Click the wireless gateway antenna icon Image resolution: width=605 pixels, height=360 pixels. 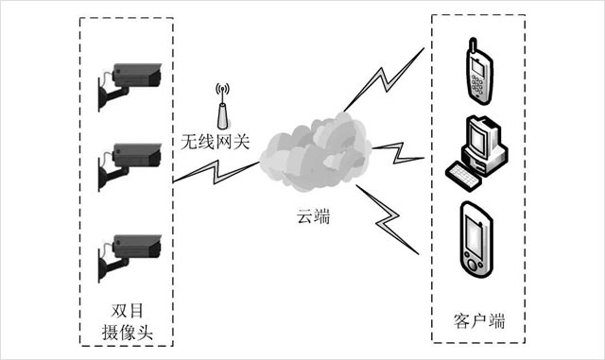[222, 106]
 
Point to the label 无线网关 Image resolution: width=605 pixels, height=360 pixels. [215, 142]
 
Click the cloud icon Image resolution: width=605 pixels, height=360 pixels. [316, 151]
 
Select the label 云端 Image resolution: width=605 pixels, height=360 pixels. [313, 216]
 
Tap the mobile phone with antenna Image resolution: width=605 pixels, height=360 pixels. [479, 71]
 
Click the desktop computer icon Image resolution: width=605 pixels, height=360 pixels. [476, 153]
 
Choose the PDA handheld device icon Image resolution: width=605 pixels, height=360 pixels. [476, 239]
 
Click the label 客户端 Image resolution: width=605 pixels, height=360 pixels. [479, 321]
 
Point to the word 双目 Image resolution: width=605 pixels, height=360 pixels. [127, 311]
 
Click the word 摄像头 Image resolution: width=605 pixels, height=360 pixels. [128, 333]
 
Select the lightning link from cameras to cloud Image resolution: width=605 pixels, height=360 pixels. [216, 173]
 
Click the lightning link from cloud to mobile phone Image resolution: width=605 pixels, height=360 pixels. [384, 80]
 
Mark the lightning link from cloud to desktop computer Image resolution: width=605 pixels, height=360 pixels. [398, 153]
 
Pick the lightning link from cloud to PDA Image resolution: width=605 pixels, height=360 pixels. [387, 220]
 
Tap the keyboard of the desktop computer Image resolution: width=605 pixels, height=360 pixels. [463, 177]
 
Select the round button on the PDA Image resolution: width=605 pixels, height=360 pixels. [472, 266]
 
